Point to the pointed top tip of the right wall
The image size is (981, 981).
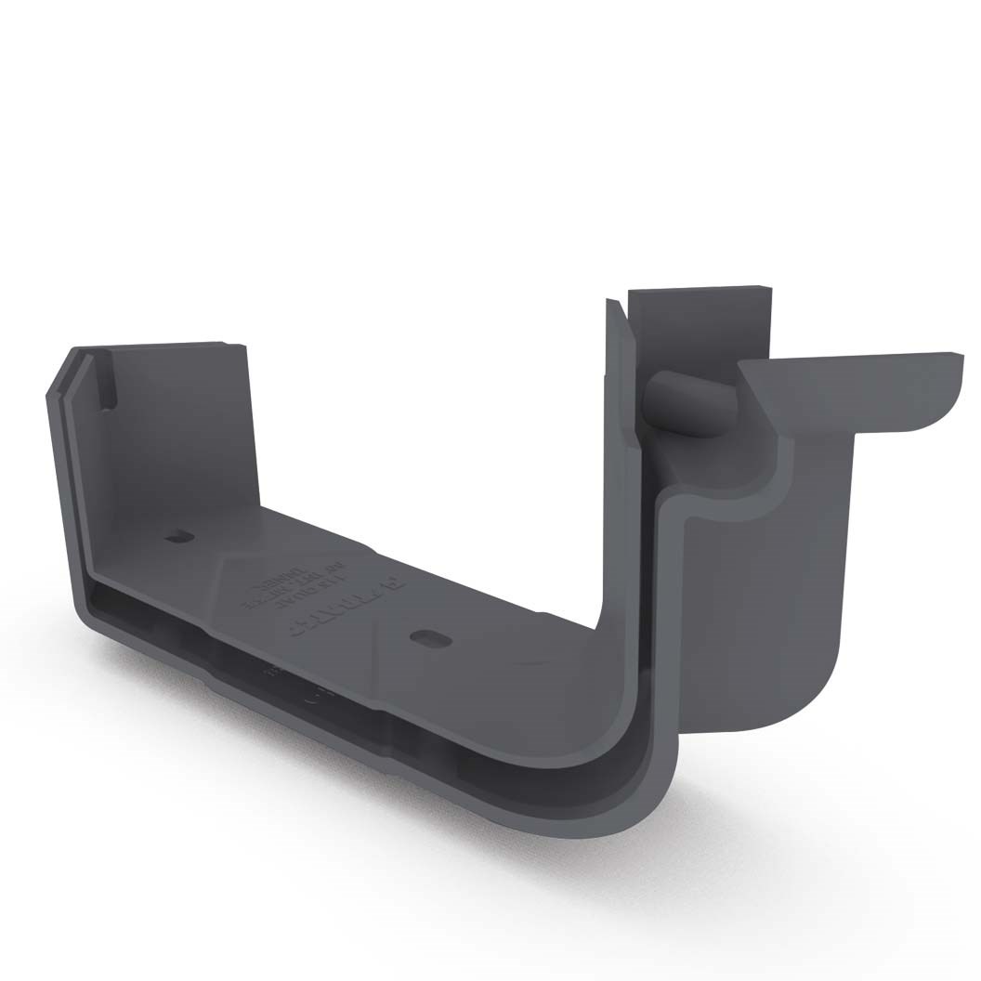coord(610,302)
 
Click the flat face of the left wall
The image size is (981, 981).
coord(177,437)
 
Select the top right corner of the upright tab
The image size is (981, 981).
coord(770,289)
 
